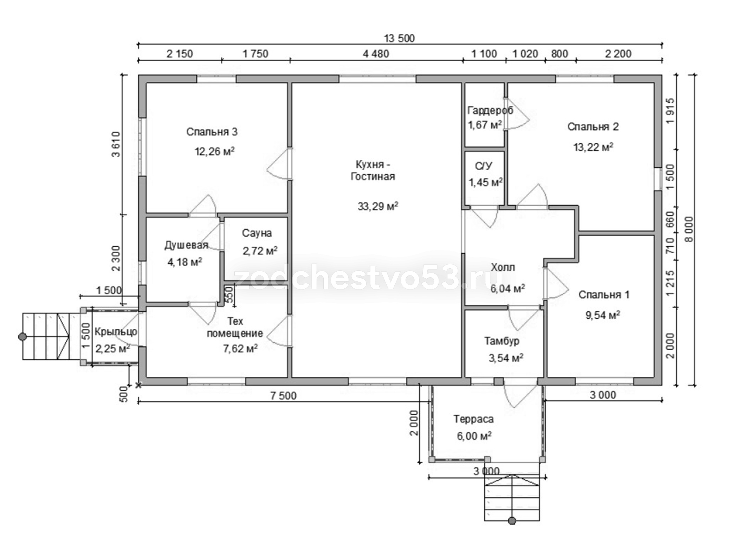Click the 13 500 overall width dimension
pos(399,38)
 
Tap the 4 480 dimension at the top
pos(376,54)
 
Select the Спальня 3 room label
pos(212,132)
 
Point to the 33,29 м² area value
pos(378,206)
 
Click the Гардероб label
pos(490,110)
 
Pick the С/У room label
pos(483,166)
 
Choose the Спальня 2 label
pos(593,127)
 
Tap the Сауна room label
pos(257,233)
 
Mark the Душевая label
pos(186,245)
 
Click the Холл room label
pos(503,267)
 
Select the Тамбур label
pos(501,341)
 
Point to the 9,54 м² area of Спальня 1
pos(602,315)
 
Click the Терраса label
pos(473,419)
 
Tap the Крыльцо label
pos(116,332)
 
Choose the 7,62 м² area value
pos(240,348)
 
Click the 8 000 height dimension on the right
pos(690,229)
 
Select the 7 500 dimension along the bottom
pos(283,396)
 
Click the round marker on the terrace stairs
pos(512,521)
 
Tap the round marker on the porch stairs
pos(22,337)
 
